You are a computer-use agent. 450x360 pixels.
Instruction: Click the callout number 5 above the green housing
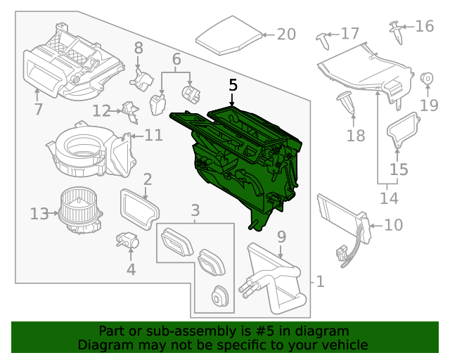pyautogui.click(x=233, y=85)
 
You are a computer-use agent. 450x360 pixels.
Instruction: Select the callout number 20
pyautogui.click(x=286, y=34)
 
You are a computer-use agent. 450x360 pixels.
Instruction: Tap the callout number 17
pyautogui.click(x=349, y=33)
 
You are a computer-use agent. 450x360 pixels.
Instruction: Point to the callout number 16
pyautogui.click(x=425, y=27)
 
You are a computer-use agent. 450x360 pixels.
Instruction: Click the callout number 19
pyautogui.click(x=429, y=105)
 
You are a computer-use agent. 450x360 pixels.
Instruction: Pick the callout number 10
pyautogui.click(x=394, y=225)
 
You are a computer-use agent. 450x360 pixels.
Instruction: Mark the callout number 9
pyautogui.click(x=281, y=237)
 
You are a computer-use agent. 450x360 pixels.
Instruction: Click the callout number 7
pyautogui.click(x=38, y=109)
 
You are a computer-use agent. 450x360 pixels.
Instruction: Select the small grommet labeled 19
pyautogui.click(x=426, y=79)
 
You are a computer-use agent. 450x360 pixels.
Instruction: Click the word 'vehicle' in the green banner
pyautogui.click(x=345, y=345)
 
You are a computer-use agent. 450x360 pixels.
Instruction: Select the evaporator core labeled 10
pyautogui.click(x=341, y=214)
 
